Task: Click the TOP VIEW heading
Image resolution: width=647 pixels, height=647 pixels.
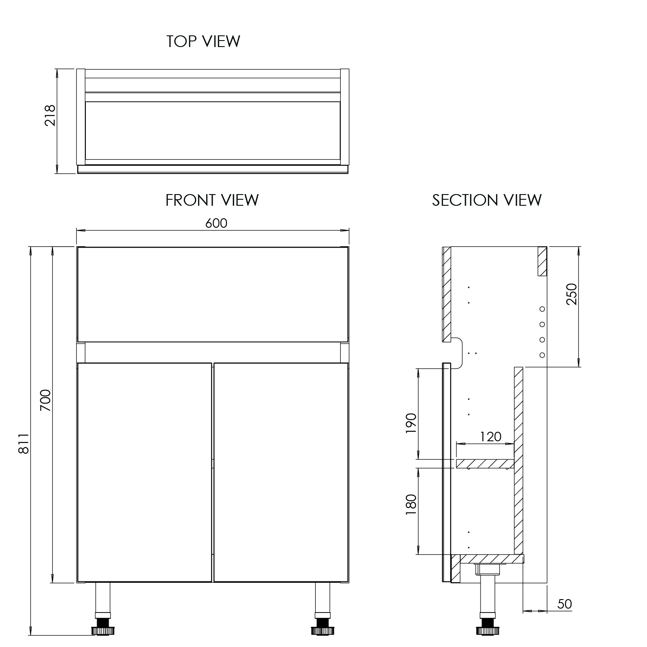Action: coord(203,41)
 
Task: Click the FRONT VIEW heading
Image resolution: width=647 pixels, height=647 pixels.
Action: coord(212,200)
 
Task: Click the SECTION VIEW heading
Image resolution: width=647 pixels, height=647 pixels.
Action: coord(487,200)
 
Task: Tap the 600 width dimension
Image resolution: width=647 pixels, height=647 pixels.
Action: coord(216,223)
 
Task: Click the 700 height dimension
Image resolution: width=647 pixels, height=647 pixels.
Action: coord(46,400)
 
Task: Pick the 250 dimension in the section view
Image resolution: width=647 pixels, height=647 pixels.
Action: coord(572,294)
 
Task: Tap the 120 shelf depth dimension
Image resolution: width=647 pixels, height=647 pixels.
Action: coord(490,437)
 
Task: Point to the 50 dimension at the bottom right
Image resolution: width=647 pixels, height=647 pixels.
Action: coord(564,604)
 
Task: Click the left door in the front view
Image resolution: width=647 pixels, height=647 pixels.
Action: coord(144,472)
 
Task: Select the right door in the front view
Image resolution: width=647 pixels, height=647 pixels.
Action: coord(281,472)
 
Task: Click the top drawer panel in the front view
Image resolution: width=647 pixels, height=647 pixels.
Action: coord(212,294)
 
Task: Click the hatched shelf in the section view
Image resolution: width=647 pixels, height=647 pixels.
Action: coord(485,464)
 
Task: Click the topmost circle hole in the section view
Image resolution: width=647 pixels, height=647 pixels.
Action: coord(542,309)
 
